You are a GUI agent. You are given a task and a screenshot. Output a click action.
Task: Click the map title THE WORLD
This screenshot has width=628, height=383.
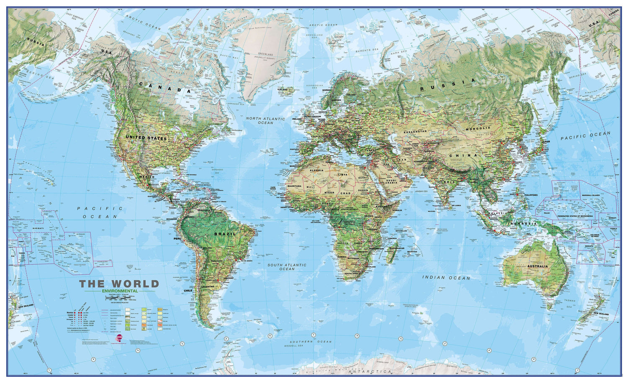pos(119,284)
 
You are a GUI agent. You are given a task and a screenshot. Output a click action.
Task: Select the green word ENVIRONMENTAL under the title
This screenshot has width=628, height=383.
pos(119,291)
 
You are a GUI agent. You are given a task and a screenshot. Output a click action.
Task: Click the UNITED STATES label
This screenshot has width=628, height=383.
pos(147,138)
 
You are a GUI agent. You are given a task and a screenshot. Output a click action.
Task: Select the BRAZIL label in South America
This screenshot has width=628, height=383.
pos(225,234)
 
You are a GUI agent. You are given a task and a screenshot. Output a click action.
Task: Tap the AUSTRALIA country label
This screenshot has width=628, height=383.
pos(537,266)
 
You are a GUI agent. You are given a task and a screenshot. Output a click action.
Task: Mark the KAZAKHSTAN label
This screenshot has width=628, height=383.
pos(415,131)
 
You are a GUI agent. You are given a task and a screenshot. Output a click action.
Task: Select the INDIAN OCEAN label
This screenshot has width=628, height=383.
pos(446,277)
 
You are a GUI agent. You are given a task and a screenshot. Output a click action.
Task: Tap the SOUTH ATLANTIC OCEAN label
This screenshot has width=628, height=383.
pos(287,267)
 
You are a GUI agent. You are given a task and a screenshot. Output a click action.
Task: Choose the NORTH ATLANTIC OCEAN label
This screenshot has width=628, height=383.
pos(265,120)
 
